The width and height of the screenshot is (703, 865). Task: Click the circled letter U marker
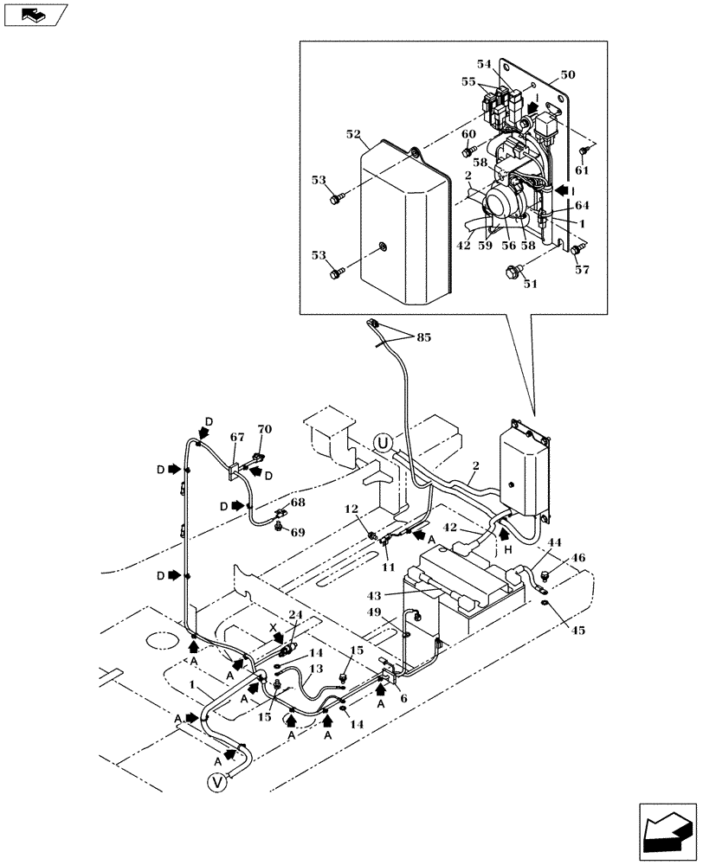click(x=384, y=444)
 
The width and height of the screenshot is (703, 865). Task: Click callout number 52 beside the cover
click(x=354, y=136)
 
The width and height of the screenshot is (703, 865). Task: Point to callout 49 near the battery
click(x=398, y=612)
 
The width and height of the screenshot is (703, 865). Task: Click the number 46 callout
click(x=578, y=560)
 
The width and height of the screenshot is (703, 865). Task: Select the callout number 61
click(x=582, y=170)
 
